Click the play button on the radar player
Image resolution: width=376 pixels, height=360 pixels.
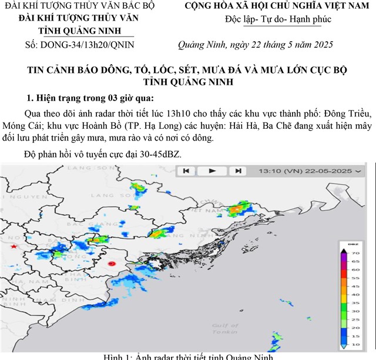(212, 171)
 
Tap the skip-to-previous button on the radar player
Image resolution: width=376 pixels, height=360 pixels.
(186, 171)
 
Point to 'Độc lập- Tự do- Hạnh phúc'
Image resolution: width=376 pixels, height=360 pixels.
(278, 19)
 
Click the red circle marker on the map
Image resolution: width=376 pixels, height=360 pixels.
(113, 264)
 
